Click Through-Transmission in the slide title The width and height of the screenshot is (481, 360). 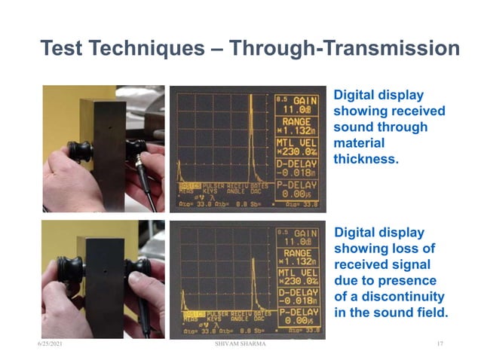pos(345,49)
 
